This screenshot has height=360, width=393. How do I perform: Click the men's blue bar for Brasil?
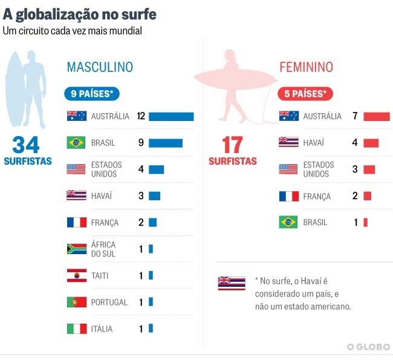tap(166, 143)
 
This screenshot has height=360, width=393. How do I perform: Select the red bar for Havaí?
tap(371, 143)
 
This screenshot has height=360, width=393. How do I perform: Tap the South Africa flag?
tap(77, 249)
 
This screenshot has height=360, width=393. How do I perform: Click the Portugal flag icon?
tap(77, 302)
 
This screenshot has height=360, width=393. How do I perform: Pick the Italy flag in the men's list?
tap(77, 329)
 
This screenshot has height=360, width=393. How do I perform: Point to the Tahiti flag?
tap(77, 275)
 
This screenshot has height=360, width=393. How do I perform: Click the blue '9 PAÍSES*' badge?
tap(93, 94)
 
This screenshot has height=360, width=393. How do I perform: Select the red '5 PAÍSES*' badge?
tap(305, 94)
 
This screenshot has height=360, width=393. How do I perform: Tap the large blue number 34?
tap(26, 145)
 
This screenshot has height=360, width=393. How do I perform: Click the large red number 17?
tap(232, 145)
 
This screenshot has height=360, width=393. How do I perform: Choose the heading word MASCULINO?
tap(100, 67)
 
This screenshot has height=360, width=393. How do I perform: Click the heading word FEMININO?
tap(306, 67)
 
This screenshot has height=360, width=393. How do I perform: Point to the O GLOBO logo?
tap(368, 347)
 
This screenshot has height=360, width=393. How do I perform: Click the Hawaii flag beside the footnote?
tap(232, 283)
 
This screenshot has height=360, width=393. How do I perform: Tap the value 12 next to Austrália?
tap(141, 116)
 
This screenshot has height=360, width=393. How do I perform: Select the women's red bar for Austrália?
tap(376, 116)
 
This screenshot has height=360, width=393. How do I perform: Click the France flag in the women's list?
tap(288, 196)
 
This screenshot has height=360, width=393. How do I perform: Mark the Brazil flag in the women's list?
tap(288, 222)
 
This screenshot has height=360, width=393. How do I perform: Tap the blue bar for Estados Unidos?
tap(157, 169)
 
